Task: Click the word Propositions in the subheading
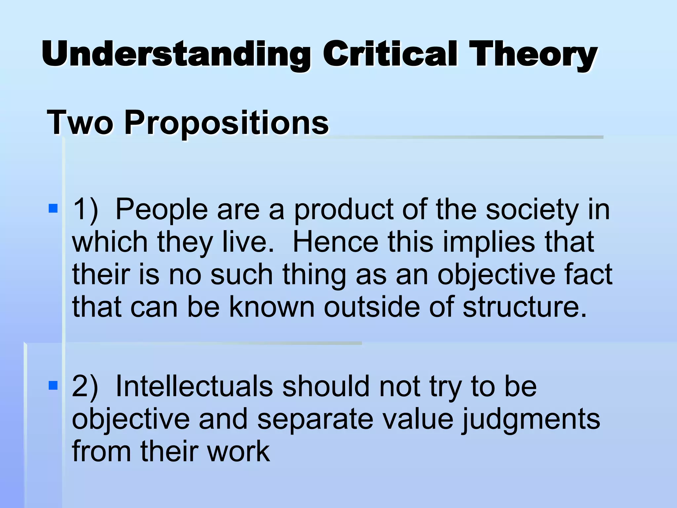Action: [x=226, y=123]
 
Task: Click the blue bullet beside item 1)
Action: [x=53, y=208]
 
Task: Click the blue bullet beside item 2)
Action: [x=53, y=385]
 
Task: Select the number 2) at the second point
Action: [x=85, y=386]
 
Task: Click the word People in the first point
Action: [x=161, y=210]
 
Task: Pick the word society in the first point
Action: [x=532, y=210]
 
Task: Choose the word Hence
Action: [x=335, y=242]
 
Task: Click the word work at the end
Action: [x=238, y=451]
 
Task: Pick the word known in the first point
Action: [x=272, y=307]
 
